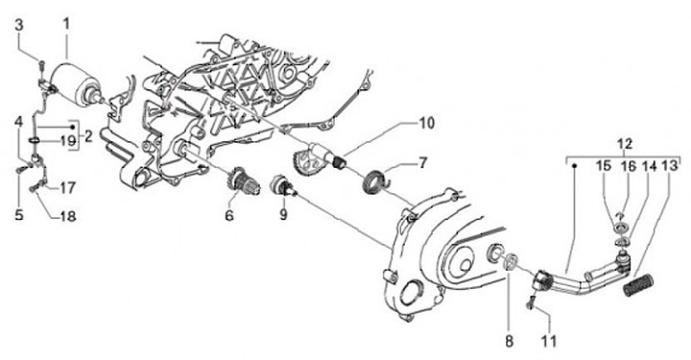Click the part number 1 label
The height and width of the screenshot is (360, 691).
coord(66,24)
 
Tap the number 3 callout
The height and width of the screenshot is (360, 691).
coord(19,25)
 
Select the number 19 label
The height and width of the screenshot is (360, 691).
coord(68,141)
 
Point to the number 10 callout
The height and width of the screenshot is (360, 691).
coord(426,123)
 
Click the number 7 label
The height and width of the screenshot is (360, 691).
coord(422,163)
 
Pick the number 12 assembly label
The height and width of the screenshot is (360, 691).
coord(625,143)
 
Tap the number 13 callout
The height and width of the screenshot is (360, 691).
coord(670,166)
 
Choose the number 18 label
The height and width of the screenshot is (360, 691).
coord(67,216)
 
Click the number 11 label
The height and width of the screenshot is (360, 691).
coord(549,341)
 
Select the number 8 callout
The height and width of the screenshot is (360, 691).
coord(509,341)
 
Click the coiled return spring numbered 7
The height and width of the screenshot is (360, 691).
coord(376,180)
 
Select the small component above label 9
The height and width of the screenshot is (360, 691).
coord(282,184)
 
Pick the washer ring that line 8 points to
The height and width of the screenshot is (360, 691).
coord(511,261)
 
